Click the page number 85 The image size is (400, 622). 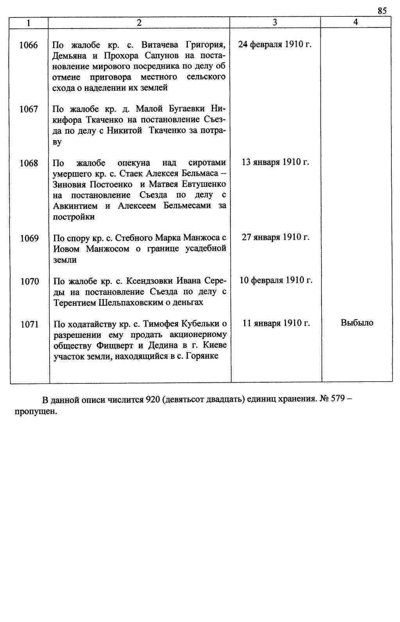pos(382,11)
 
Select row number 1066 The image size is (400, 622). pos(29,45)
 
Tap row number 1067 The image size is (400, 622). pos(29,109)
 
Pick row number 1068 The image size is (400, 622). pos(29,163)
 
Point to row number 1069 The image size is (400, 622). pos(29,238)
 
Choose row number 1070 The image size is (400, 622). pos(30,281)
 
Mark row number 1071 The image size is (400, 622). pos(30,324)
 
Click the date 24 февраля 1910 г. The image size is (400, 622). pos(275,45)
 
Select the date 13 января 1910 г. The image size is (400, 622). pos(275,162)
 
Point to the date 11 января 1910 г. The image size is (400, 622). pos(276,323)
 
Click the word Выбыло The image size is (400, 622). pos(357,323)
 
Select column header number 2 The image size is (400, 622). pos(139,23)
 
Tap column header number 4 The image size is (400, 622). pos(355,22)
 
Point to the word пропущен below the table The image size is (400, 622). pos(36,412)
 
